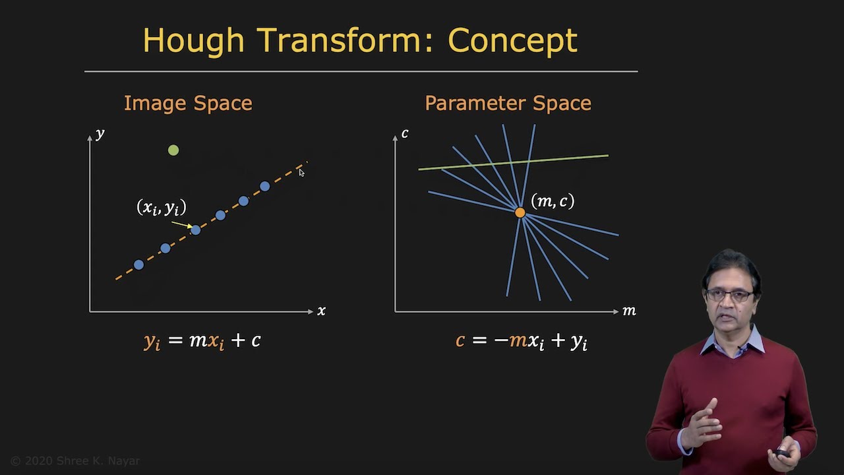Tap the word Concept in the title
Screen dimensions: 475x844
512,41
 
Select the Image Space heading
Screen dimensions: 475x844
188,104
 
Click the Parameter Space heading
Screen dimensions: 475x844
508,104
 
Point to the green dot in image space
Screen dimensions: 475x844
173,150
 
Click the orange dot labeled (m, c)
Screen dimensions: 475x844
520,212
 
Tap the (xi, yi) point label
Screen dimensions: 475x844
162,208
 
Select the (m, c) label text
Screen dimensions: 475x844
553,201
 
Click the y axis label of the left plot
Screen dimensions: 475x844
100,134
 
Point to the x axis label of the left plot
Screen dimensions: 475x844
321,311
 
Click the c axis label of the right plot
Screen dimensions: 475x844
405,134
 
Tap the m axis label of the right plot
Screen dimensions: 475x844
629,311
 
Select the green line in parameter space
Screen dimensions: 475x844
567,158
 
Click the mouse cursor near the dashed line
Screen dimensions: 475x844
301,172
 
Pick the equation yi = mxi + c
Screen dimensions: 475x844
202,341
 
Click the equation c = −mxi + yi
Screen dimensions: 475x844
521,341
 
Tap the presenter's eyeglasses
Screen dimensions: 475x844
730,295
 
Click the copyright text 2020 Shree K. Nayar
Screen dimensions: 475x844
75,461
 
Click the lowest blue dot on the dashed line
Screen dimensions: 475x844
138,265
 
